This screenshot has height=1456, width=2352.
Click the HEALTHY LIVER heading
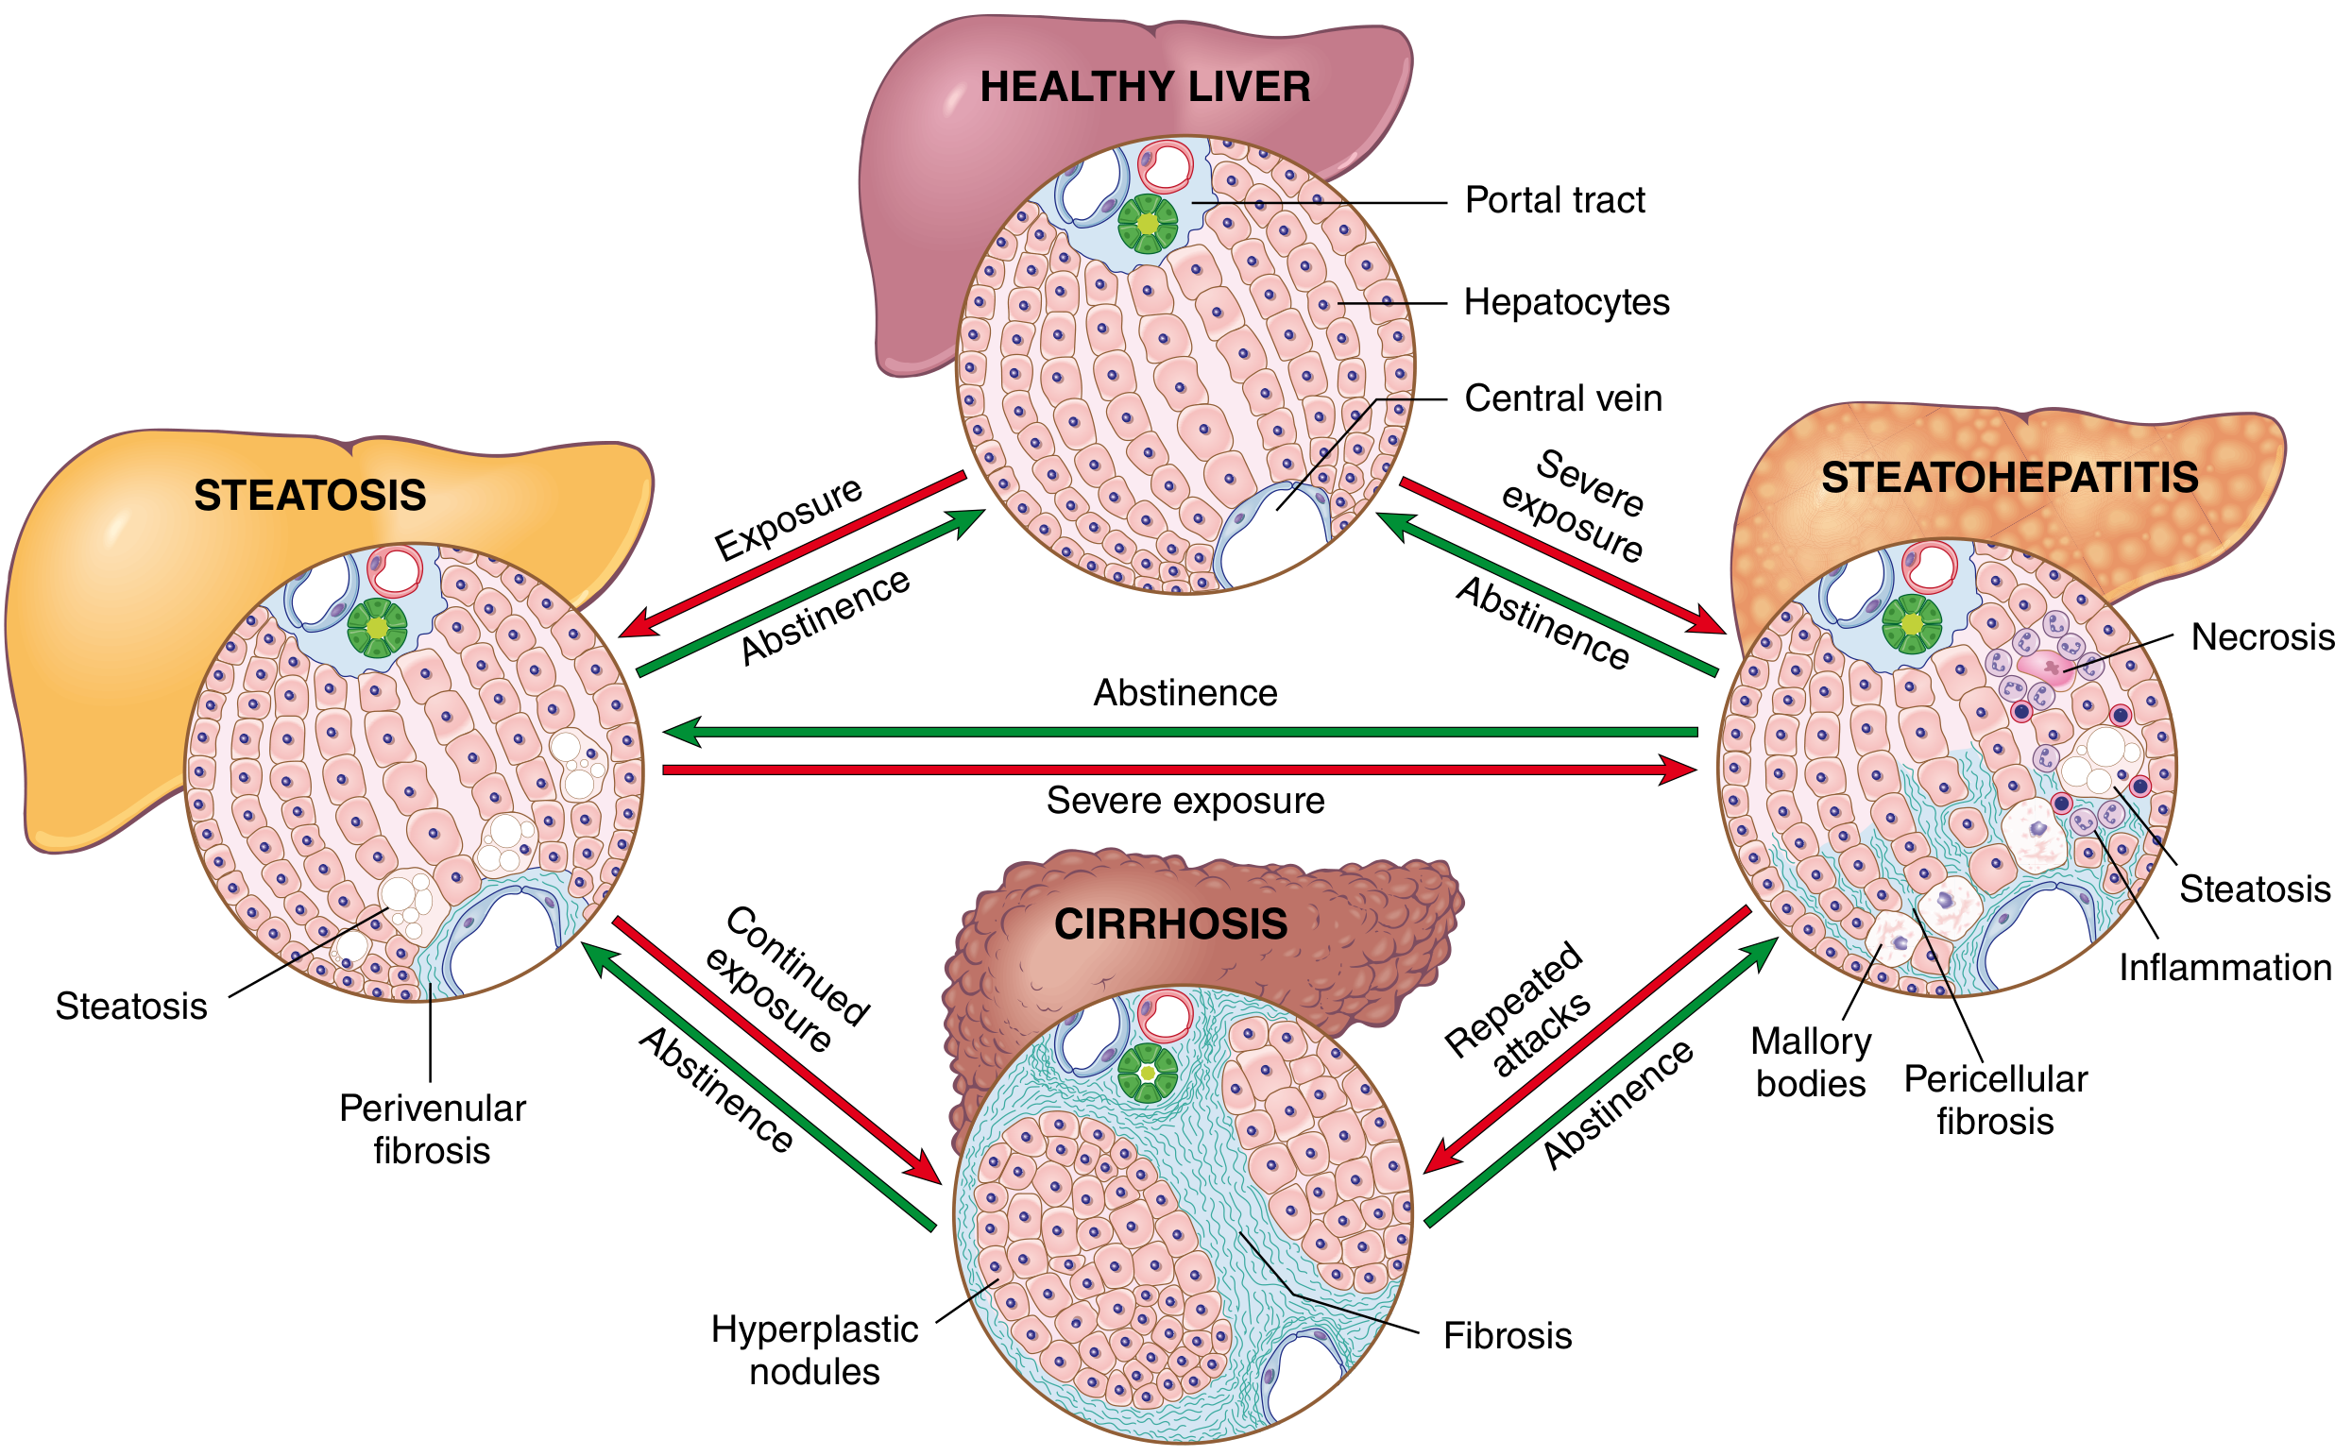1144,87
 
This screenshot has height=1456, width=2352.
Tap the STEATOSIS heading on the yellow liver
310,495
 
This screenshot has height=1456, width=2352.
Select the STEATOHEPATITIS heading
2009,478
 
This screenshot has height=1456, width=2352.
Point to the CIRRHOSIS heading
1170,923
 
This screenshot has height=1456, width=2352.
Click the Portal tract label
1554,200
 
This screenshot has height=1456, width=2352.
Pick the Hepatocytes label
1566,302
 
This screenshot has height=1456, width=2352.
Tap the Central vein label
1562,398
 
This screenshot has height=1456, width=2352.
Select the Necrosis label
2261,636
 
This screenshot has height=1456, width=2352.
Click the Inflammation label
2224,967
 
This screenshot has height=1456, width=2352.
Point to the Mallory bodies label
1810,1062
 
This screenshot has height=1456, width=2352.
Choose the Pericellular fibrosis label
1995,1100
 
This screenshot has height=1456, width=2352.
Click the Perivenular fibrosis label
433,1128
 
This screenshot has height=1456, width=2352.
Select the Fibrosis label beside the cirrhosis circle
1508,1336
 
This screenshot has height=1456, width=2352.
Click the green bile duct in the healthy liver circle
1147,224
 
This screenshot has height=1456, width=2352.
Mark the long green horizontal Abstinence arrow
1180,732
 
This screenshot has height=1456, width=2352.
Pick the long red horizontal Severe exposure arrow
1180,770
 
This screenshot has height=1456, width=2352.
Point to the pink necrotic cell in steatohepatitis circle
2046,668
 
